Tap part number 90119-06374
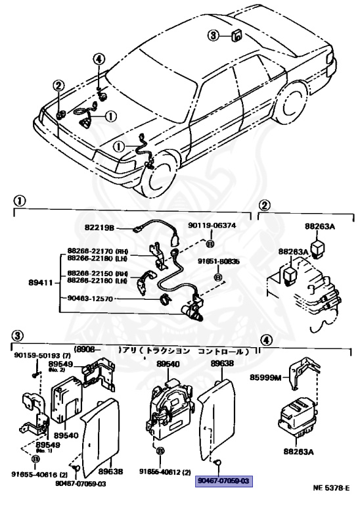pyautogui.click(x=212, y=226)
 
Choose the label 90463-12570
pyautogui.click(x=90, y=298)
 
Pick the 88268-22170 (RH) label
pyautogui.click(x=98, y=251)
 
